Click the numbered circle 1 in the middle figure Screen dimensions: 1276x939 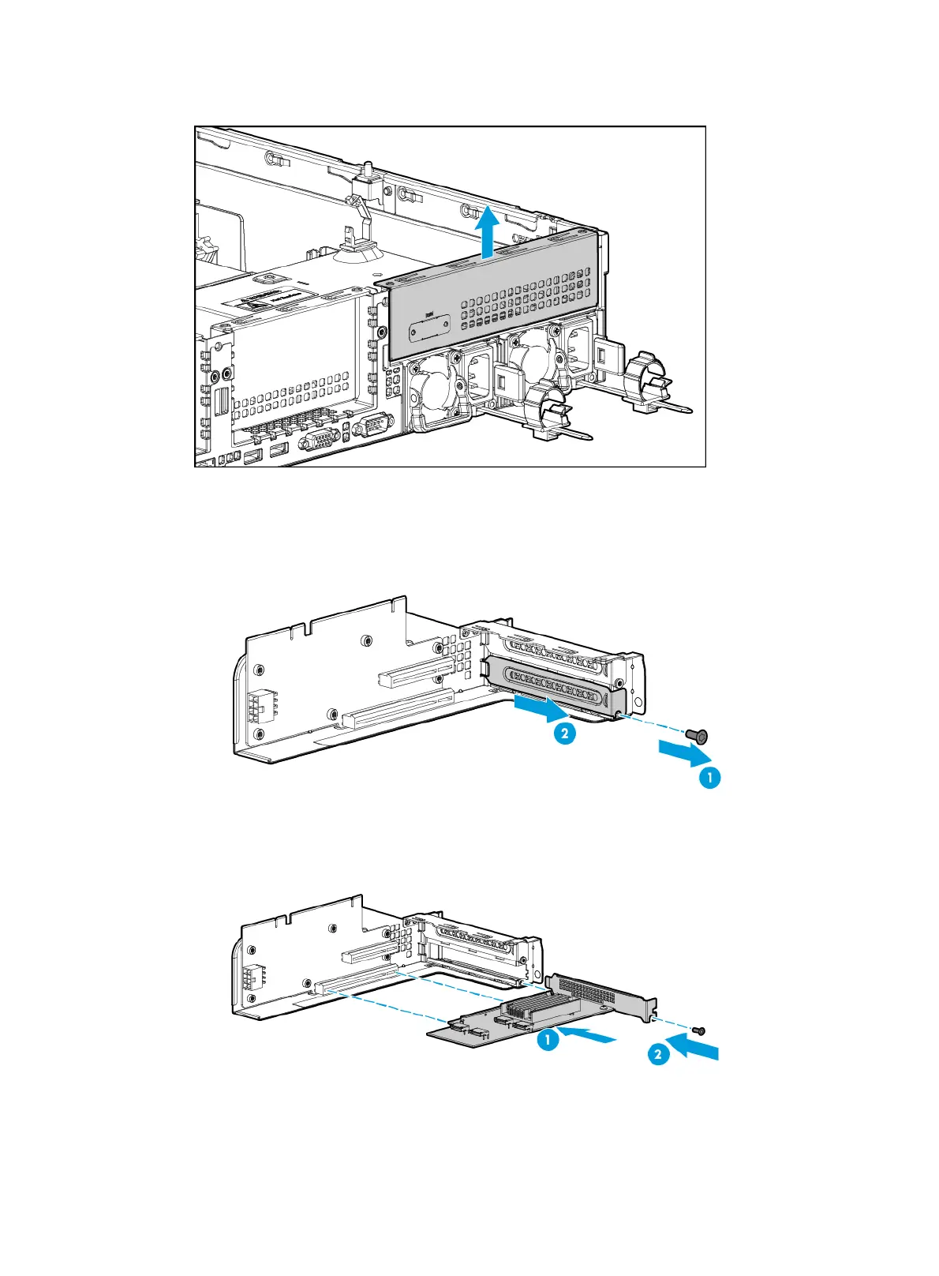coord(709,778)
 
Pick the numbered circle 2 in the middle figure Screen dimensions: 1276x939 coord(563,734)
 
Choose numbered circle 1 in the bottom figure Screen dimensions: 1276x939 coord(548,1040)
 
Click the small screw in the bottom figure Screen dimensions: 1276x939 coord(698,1030)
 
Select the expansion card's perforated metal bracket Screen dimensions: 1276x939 coord(604,995)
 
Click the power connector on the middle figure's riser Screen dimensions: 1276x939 coord(257,708)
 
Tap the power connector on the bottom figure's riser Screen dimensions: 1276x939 coord(254,979)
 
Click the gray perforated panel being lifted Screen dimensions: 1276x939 coord(489,308)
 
